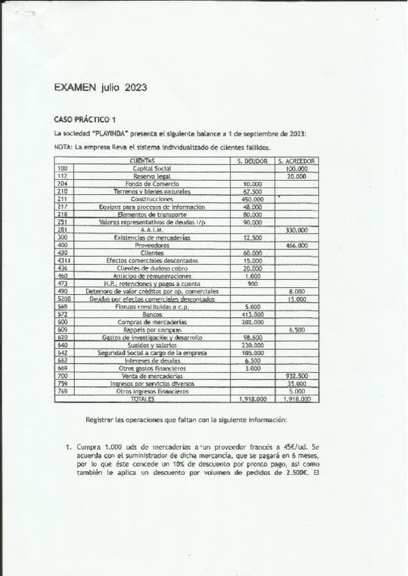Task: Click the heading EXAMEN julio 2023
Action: point(101,88)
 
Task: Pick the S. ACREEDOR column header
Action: point(296,161)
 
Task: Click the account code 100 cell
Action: point(63,168)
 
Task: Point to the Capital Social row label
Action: point(152,168)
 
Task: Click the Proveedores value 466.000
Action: point(296,245)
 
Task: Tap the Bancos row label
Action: point(152,314)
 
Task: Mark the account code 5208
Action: point(64,299)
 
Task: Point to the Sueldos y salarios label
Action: point(152,345)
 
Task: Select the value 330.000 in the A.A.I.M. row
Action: point(296,230)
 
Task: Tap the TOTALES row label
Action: point(152,399)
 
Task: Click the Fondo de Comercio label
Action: point(152,184)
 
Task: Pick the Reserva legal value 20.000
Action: point(296,176)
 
